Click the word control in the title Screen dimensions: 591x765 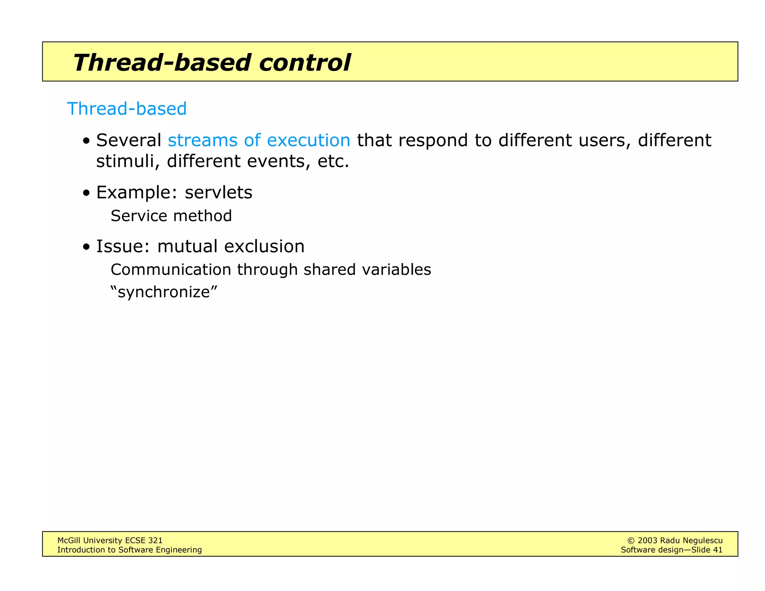[304, 62]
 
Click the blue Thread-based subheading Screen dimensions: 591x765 [127, 109]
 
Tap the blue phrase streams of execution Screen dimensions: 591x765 [259, 140]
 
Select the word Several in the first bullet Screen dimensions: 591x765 [128, 140]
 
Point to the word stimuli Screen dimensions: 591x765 [125, 161]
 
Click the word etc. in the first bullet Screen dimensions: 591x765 [333, 161]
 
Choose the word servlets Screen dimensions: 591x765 [219, 193]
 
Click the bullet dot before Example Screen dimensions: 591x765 [87, 193]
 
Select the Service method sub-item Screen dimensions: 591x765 [171, 216]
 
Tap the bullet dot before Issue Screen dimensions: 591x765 [87, 247]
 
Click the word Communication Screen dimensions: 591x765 [171, 270]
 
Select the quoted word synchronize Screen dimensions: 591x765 [164, 292]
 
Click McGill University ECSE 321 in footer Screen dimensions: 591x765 [110, 540]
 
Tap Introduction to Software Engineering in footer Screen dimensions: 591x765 [129, 550]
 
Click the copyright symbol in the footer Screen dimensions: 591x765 [631, 541]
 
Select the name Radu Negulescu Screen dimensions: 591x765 [691, 541]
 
